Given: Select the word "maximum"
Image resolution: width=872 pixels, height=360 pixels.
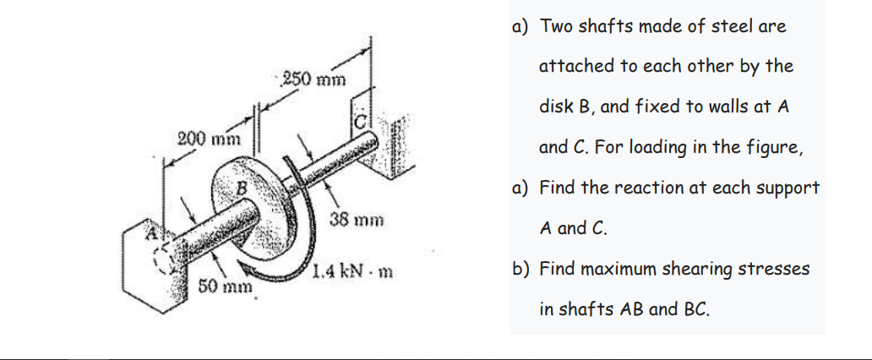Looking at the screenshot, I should (x=618, y=269).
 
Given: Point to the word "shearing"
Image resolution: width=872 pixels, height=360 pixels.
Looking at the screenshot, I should (x=700, y=269).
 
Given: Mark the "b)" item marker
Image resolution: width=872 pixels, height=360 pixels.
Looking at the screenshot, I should (x=521, y=269).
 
